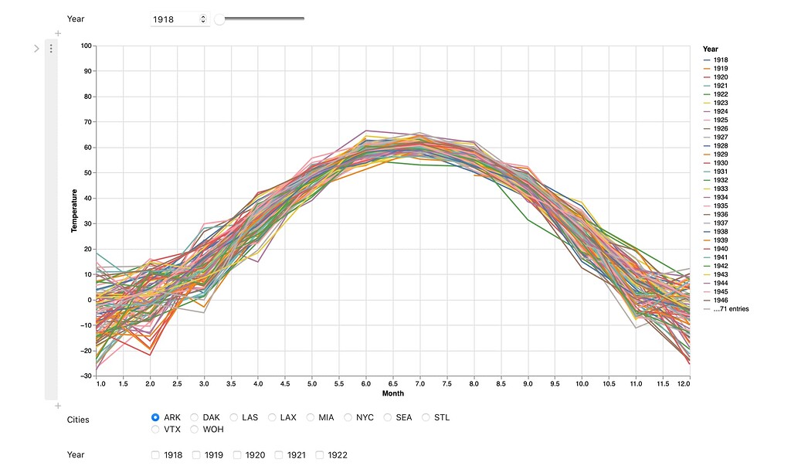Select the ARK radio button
(x=156, y=417)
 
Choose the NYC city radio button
(x=349, y=417)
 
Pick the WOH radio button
(x=195, y=429)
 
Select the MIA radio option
(x=311, y=417)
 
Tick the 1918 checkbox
(x=156, y=455)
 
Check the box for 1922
(x=321, y=455)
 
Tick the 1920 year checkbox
(x=238, y=455)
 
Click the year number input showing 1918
(x=175, y=19)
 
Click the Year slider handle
(x=219, y=19)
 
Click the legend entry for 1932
(x=720, y=180)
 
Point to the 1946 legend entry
(x=720, y=300)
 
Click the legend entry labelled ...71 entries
(x=730, y=309)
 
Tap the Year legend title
(x=710, y=49)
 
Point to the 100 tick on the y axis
(x=85, y=46)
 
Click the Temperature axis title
(x=75, y=211)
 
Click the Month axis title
(x=392, y=393)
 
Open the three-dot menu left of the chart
(x=51, y=49)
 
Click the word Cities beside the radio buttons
(x=78, y=420)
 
